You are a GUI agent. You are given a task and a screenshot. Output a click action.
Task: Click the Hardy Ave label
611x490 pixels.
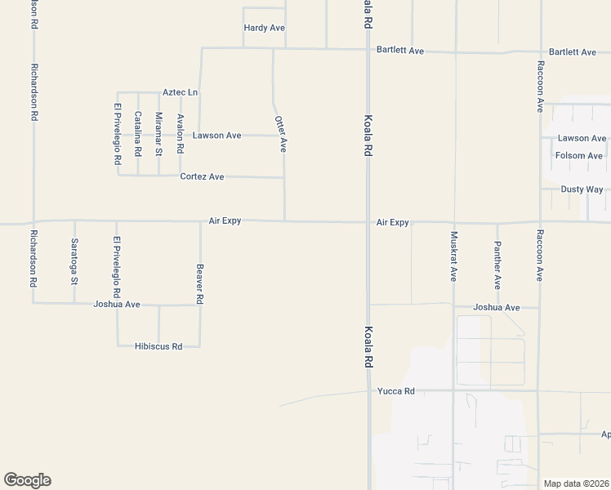pos(264,28)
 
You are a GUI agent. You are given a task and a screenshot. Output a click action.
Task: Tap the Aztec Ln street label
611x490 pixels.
pos(180,92)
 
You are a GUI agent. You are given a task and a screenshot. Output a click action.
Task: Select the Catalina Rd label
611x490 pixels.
pos(138,134)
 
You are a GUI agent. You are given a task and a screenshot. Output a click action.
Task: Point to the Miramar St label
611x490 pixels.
pos(158,134)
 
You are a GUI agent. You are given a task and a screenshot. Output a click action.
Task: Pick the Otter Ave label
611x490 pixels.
pos(281,133)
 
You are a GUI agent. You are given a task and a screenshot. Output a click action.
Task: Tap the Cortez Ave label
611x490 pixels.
pos(202,176)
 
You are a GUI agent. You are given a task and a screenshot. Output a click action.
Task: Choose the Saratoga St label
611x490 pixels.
pos(74,261)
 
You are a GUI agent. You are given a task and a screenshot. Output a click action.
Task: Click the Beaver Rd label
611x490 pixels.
pos(199,284)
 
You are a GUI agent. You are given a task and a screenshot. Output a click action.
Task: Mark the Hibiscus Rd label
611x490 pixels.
pos(158,346)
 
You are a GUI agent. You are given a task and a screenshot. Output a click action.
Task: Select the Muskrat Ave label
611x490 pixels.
pos(453,256)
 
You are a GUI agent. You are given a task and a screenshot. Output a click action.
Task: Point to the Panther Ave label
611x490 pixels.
pos(497,265)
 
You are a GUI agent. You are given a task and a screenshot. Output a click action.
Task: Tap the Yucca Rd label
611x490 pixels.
pos(396,391)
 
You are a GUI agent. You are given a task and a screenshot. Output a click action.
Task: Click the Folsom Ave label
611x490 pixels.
pos(578,155)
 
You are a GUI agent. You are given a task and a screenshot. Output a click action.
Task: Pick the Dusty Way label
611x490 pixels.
pos(582,189)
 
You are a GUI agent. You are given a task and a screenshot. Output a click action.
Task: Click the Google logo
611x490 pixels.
pos(27,480)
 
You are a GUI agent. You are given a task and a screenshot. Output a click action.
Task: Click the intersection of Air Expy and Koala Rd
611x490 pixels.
pos(368,221)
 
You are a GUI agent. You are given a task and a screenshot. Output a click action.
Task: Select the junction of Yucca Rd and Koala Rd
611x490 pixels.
pos(368,390)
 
